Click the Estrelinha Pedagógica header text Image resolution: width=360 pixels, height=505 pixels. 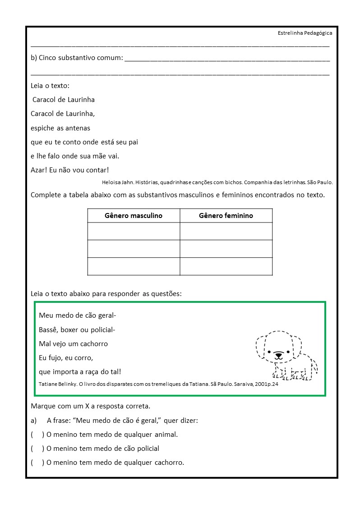point(305,33)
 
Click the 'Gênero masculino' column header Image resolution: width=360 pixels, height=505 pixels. point(134,216)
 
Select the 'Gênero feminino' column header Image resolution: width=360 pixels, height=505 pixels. point(226,216)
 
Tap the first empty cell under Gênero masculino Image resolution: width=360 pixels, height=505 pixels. point(134,231)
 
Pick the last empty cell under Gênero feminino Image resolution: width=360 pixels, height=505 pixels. point(226,266)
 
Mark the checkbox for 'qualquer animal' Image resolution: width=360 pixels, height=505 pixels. point(37,435)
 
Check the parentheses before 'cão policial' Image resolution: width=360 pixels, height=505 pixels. point(37,449)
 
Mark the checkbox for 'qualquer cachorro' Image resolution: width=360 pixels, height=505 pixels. point(37,463)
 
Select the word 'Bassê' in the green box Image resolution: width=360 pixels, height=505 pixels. point(48,329)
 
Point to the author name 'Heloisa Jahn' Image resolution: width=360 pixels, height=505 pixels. point(116,182)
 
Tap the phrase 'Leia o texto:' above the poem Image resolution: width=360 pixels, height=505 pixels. point(50,86)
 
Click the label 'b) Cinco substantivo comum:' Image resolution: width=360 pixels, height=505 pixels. point(77,58)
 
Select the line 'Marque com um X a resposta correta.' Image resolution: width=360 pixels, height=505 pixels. point(90,406)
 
